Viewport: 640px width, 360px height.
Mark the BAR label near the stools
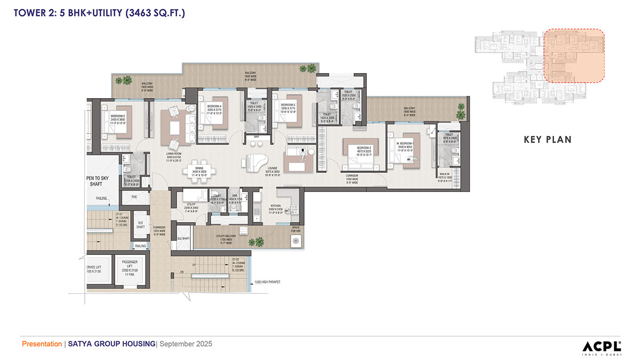point(256,137)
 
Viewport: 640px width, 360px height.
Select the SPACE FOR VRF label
point(295,229)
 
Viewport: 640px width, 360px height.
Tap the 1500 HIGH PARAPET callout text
point(268,282)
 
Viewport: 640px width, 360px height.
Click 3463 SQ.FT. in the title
point(155,13)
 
